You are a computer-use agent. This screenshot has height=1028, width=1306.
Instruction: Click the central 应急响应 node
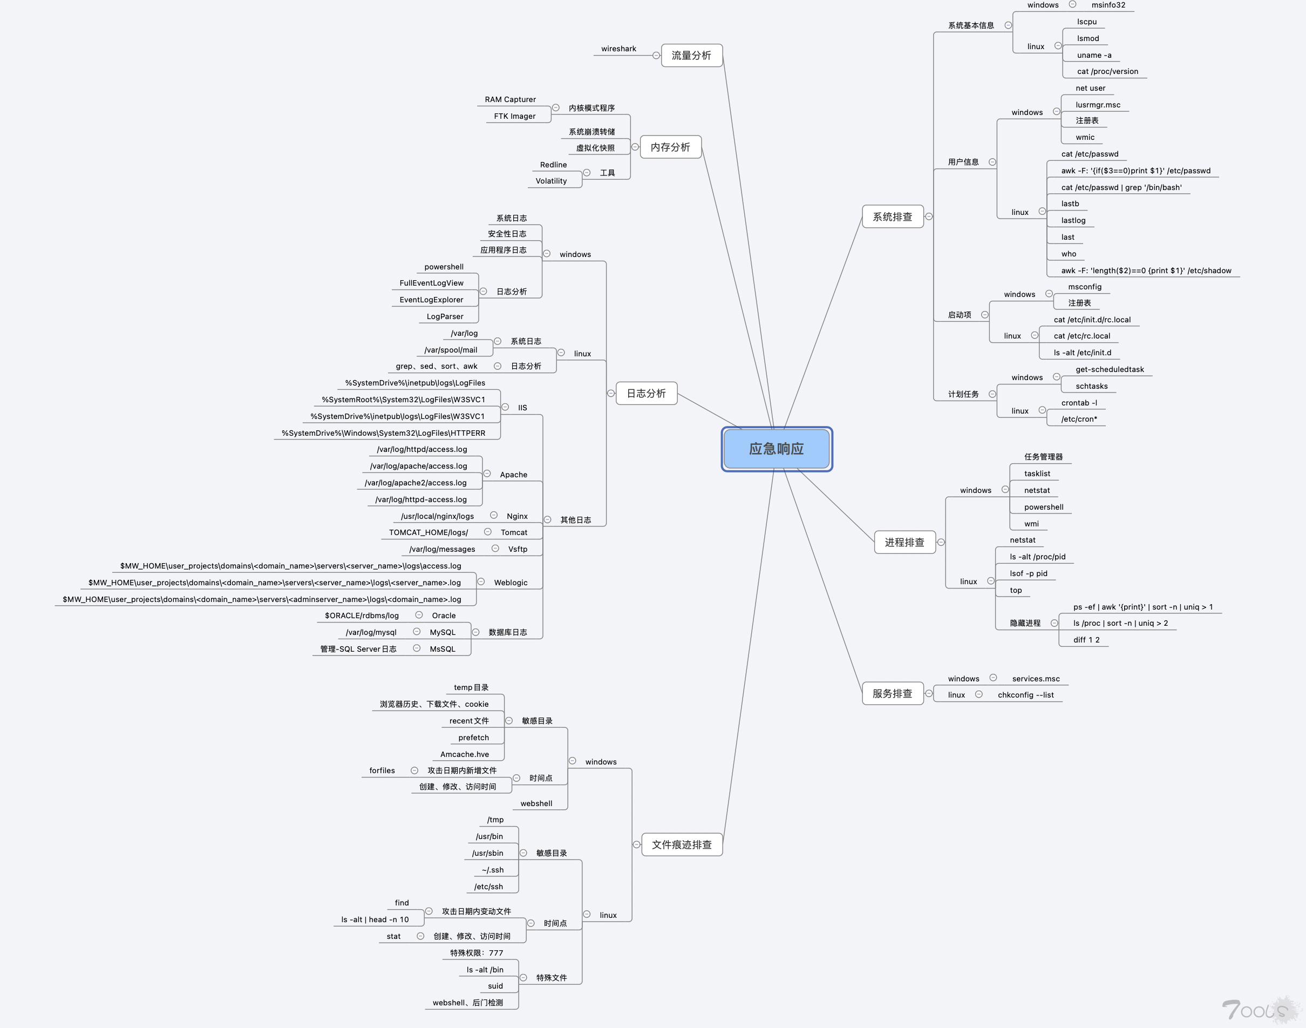click(776, 449)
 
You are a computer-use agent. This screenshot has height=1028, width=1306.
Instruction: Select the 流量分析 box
click(691, 56)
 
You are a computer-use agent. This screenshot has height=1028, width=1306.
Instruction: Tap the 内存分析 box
click(670, 147)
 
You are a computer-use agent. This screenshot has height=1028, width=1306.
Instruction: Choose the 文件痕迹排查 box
click(682, 844)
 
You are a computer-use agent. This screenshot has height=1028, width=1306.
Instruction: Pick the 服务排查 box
click(892, 693)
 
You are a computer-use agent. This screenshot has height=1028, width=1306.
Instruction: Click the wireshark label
click(618, 49)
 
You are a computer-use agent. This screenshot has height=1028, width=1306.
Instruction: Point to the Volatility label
click(551, 180)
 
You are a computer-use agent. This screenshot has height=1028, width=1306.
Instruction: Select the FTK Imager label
click(514, 116)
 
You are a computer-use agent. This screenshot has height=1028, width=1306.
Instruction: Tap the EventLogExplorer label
click(431, 300)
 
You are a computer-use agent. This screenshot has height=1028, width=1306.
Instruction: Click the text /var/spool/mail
click(451, 350)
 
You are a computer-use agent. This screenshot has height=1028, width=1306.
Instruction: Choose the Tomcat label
click(514, 532)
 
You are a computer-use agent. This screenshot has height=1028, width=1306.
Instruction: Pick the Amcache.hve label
click(465, 754)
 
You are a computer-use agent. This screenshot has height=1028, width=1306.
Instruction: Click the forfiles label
click(382, 770)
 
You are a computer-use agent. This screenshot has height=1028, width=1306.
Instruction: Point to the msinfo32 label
click(1108, 5)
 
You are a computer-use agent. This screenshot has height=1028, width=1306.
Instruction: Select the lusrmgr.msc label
click(1098, 105)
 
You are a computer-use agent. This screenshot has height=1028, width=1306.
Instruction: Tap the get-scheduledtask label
click(1109, 369)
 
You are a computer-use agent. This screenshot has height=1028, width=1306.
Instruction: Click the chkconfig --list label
click(1026, 694)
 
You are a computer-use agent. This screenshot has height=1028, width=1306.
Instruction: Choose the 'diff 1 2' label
click(1086, 640)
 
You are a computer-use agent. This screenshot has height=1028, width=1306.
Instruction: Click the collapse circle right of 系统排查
click(929, 217)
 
